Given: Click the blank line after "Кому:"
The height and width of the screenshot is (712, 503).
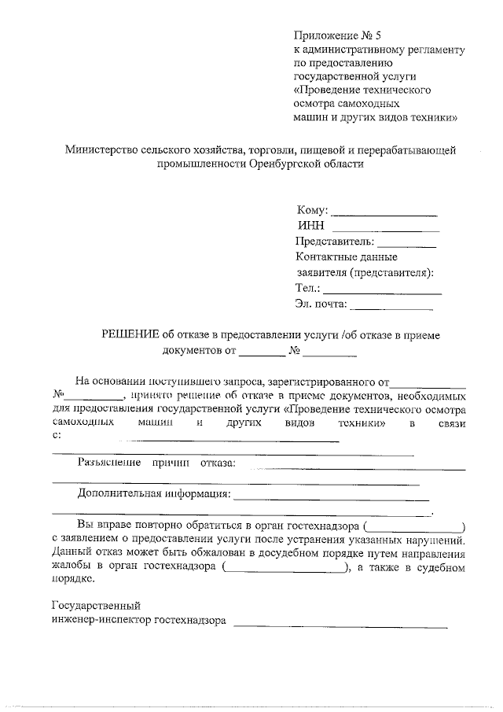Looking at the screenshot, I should (x=384, y=214).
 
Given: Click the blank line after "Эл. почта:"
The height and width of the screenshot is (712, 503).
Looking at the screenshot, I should (x=395, y=306).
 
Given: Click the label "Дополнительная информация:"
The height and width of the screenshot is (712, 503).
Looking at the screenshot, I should (x=153, y=495).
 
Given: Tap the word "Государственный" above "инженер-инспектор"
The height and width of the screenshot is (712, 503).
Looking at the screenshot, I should (x=95, y=606).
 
